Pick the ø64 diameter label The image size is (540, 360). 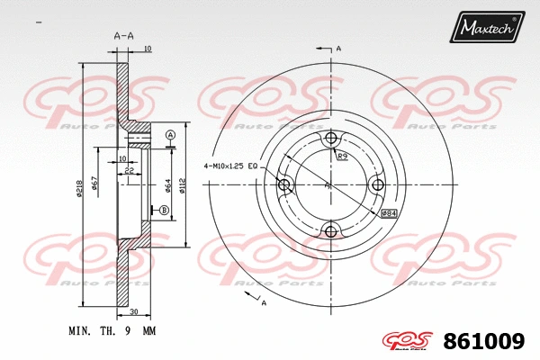166,185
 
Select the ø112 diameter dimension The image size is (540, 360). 182,185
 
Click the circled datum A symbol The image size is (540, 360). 169,135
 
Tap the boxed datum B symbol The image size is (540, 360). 164,211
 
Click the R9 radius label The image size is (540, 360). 343,157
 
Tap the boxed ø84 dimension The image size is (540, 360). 390,213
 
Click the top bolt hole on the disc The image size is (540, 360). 331,138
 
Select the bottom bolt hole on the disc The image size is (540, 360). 331,232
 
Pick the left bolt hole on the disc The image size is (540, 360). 284,185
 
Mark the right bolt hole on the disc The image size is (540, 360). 378,185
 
